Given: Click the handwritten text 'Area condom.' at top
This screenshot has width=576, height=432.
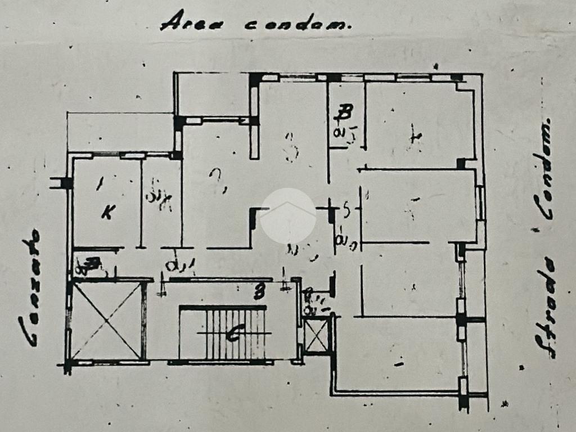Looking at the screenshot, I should tap(256, 22).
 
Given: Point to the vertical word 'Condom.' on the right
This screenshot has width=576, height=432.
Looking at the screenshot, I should tap(544, 169).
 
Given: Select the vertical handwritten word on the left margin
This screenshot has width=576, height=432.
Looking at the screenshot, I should tap(31, 287).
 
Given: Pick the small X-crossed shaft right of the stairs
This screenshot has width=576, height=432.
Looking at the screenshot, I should tap(316, 336).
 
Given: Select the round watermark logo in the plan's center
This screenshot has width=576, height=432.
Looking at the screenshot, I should tap(287, 215).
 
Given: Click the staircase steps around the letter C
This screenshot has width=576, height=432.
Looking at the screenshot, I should tap(222, 333).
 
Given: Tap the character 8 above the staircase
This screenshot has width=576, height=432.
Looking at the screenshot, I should tap(259, 292).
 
